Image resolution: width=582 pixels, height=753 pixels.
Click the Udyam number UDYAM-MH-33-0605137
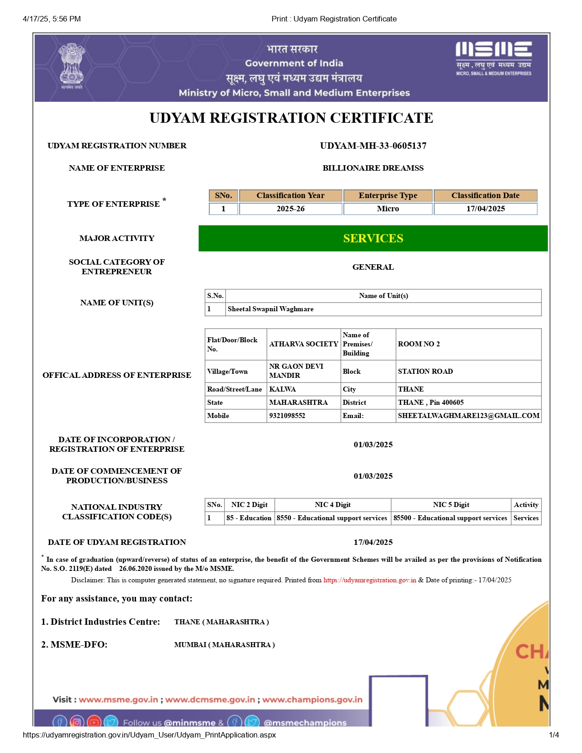(x=373, y=146)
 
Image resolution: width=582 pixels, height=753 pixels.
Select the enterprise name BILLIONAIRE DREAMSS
(x=373, y=168)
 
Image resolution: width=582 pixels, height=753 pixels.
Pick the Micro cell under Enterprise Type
(x=388, y=209)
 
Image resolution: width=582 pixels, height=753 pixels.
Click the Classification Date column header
(x=485, y=195)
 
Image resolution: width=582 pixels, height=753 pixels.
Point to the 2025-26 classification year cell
(x=290, y=209)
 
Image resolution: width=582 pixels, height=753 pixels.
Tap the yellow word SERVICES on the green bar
(x=373, y=238)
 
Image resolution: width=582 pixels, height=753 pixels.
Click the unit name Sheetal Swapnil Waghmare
(x=271, y=309)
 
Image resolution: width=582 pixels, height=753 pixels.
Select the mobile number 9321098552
(x=287, y=416)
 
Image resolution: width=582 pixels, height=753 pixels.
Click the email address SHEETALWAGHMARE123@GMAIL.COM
(x=468, y=416)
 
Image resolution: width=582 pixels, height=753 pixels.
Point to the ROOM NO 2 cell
(x=419, y=344)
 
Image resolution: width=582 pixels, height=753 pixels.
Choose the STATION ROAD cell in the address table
(x=425, y=371)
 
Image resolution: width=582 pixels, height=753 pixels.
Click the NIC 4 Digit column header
(x=332, y=505)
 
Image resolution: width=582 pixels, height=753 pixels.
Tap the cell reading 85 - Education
(x=249, y=518)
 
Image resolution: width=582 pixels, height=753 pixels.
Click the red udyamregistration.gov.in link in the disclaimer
(x=370, y=580)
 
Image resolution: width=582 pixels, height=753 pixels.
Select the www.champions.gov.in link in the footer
(x=312, y=700)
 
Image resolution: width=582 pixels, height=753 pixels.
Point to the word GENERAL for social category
(x=373, y=267)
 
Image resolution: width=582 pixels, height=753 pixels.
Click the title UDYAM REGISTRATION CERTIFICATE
(x=291, y=118)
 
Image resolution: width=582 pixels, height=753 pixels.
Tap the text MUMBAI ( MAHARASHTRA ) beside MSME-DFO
(x=225, y=645)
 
